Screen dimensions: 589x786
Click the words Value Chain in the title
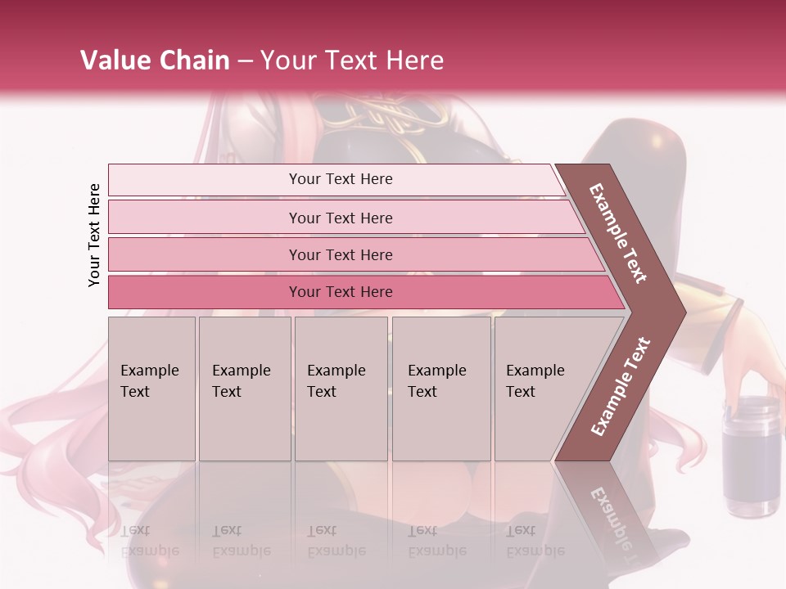pos(155,61)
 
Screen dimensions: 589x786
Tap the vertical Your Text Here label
pos(94,235)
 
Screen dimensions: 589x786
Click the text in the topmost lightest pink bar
pos(341,179)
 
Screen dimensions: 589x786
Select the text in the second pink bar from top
pos(341,218)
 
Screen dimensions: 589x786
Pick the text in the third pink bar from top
pos(341,255)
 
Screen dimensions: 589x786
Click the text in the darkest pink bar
pos(341,292)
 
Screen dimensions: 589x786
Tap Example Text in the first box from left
pos(149,381)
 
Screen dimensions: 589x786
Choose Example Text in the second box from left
pos(241,381)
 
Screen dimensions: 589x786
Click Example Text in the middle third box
pos(336,381)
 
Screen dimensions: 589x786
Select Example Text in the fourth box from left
pos(436,381)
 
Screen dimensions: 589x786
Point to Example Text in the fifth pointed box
pos(535,381)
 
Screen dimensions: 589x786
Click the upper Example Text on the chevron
pos(618,233)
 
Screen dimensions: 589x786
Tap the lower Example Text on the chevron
pos(621,386)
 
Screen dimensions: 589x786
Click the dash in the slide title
pos(245,61)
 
